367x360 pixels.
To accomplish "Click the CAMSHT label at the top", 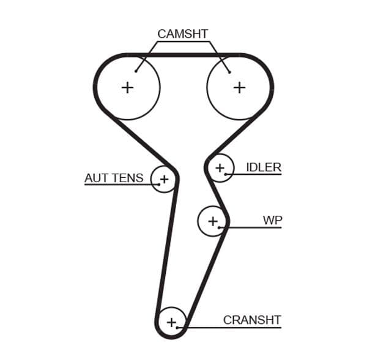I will coord(182,34).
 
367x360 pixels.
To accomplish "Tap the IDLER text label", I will coord(263,167).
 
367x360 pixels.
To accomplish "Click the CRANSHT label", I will coord(251,320).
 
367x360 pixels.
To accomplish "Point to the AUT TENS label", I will coord(114,178).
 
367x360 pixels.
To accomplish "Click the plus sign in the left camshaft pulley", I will coord(127,87).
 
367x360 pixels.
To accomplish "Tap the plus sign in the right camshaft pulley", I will coord(239,87).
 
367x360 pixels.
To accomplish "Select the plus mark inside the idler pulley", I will coord(220,167).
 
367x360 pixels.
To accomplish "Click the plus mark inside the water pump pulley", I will coord(212,221).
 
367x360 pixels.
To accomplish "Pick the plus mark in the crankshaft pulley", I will coord(171,321).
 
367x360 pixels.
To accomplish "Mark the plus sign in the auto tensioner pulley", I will coord(163,179).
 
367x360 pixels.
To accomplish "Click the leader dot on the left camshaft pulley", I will coord(136,72).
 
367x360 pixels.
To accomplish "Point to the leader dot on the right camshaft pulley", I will coord(229,72).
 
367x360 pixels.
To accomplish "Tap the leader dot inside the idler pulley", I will coord(226,174).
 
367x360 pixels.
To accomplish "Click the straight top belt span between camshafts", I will coord(183,55).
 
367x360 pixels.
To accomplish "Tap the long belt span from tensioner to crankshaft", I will coord(166,251).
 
